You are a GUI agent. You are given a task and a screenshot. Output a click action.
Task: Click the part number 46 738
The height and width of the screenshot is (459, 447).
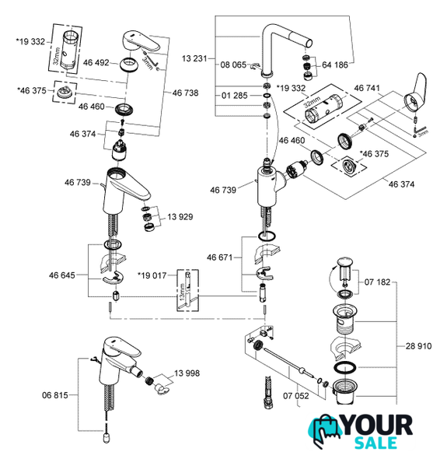185,93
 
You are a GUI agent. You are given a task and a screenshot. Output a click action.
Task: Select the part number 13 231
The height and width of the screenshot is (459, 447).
194,58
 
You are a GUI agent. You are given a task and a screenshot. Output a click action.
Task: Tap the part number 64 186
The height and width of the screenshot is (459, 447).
335,65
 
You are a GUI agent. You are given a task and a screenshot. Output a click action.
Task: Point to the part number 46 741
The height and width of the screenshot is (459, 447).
367,88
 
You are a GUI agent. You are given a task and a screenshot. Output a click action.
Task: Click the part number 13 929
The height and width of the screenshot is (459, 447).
180,217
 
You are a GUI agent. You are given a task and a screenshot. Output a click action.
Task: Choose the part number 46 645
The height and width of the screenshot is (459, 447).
62,275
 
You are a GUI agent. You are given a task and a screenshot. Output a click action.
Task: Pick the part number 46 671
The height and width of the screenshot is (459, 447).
220,258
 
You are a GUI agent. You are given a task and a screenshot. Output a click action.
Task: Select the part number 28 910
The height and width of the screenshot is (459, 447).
418,346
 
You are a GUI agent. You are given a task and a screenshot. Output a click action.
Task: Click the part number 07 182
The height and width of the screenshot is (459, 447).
377,282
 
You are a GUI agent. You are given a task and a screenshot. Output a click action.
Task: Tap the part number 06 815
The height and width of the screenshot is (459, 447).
55,395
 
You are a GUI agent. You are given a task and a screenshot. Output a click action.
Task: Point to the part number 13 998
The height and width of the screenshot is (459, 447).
187,373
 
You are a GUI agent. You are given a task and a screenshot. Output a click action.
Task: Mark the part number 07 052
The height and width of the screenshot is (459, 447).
295,396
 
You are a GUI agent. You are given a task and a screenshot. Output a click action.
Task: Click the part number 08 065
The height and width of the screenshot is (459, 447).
233,65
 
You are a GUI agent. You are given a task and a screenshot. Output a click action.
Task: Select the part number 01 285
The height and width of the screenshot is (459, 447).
235,96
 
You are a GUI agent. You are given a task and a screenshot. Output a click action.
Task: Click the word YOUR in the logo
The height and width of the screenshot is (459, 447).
377,426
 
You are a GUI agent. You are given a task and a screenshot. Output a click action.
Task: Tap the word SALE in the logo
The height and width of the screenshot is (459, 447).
375,443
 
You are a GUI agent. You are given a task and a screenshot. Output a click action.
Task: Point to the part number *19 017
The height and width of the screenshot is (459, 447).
152,275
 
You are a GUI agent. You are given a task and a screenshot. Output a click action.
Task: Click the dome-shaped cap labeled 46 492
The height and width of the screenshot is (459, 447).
128,65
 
